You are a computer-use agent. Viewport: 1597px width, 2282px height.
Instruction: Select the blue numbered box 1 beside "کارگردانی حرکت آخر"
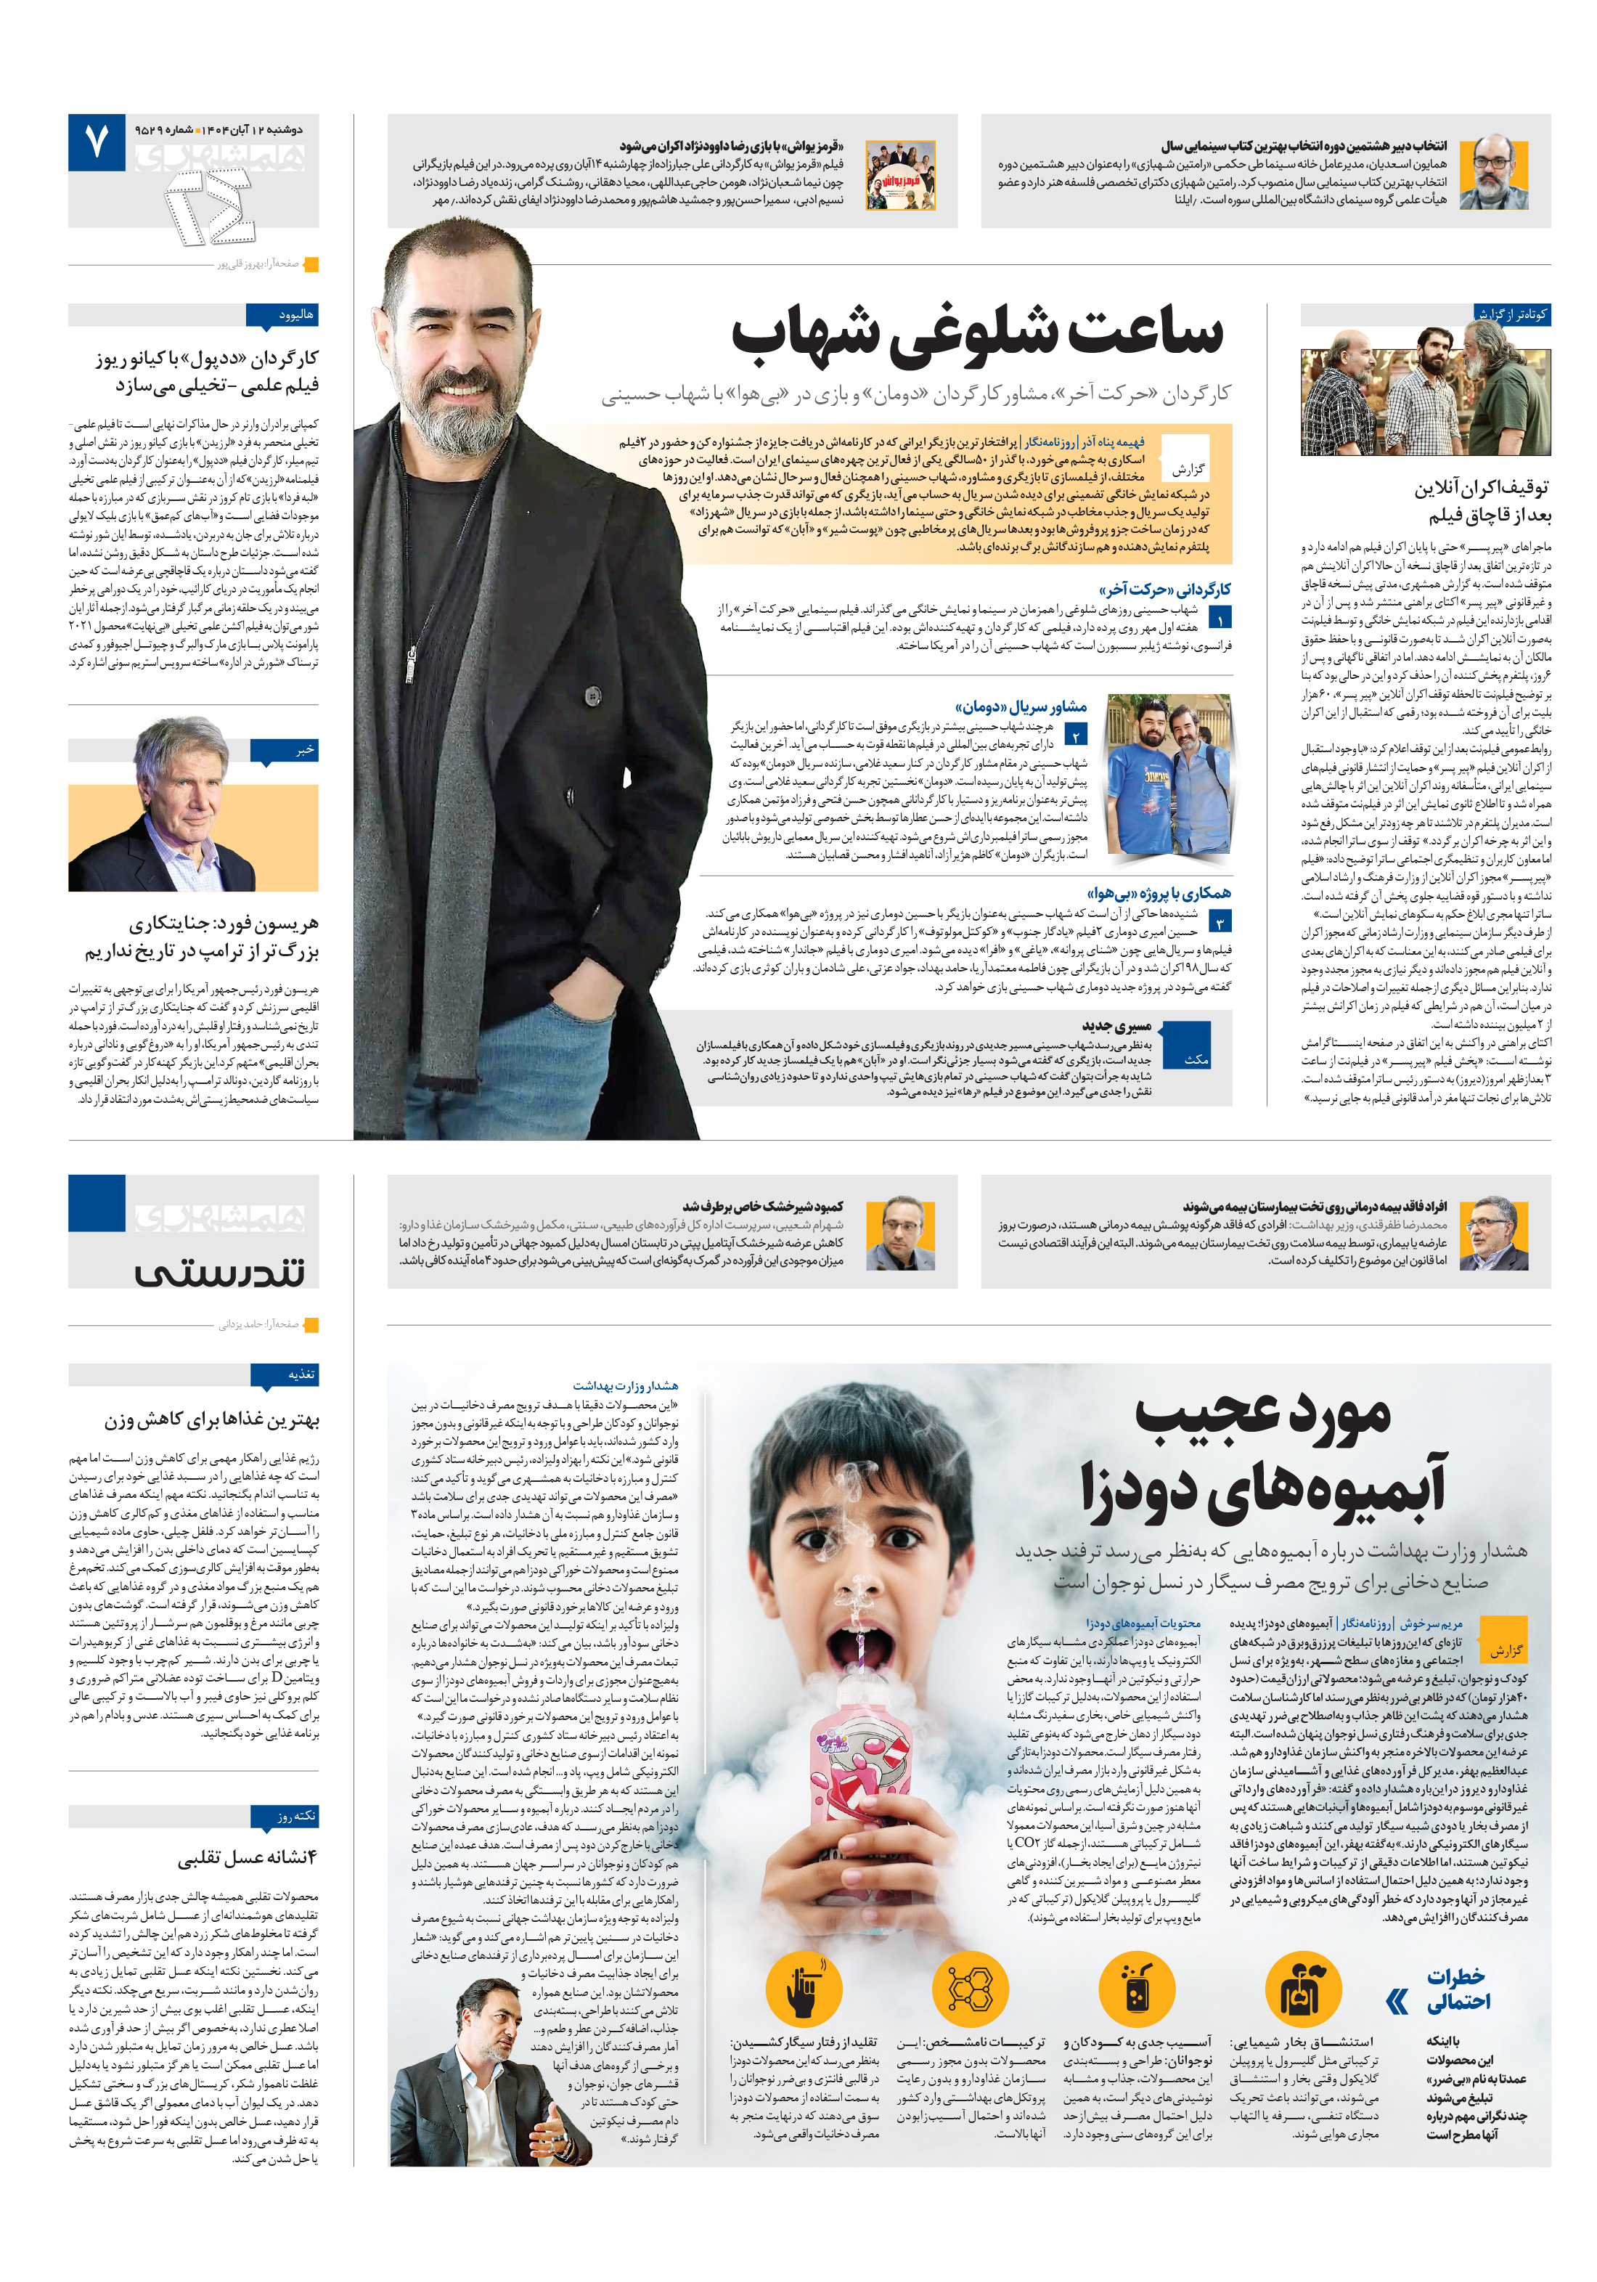(1220, 617)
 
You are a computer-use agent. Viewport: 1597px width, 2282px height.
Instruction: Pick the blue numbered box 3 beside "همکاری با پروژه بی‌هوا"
(1220, 921)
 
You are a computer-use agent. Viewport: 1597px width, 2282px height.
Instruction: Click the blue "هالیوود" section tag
(283, 315)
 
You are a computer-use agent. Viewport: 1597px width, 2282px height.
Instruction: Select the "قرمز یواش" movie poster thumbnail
(899, 175)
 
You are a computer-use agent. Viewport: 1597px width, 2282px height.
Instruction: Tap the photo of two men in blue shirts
(1168, 775)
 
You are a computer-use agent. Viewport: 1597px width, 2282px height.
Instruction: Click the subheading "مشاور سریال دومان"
(1021, 706)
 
